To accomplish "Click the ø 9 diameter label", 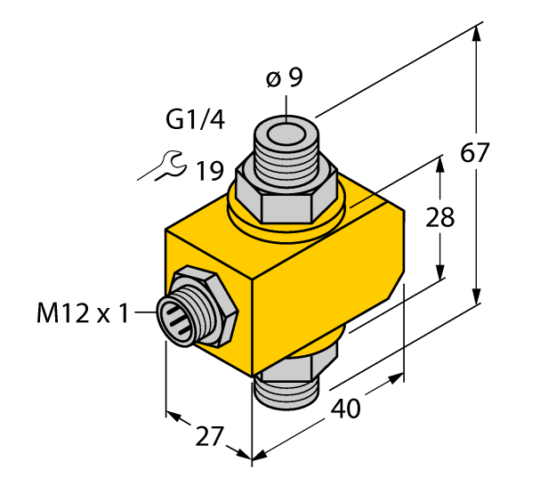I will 285,78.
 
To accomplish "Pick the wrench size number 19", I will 210,169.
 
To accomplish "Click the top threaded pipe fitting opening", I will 286,136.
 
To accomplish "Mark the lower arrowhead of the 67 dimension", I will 479,298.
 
